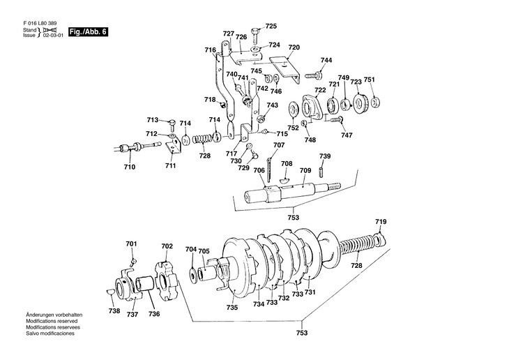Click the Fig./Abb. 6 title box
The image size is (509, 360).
point(88,32)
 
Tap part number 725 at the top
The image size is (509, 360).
point(271,26)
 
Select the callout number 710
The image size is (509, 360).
point(130,167)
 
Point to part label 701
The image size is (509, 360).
point(132,243)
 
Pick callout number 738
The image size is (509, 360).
point(114,310)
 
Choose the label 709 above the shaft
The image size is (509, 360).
point(305,170)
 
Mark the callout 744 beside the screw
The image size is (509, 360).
point(326,61)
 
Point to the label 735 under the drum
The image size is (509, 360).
point(231,308)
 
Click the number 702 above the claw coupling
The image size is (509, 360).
point(167,246)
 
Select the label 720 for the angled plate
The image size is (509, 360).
point(294,47)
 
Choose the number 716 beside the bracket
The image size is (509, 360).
point(210,50)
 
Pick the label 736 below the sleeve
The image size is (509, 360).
point(154,314)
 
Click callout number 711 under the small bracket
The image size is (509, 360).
point(171,166)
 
